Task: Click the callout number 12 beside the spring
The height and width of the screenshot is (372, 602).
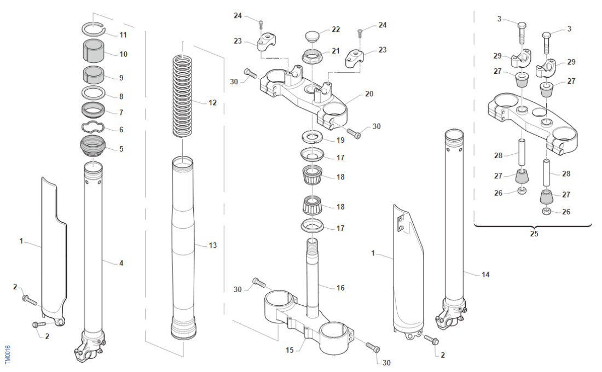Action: click(212, 102)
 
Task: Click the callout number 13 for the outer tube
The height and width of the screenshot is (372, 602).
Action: click(212, 246)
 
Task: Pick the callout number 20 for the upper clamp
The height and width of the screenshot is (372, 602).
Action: click(369, 94)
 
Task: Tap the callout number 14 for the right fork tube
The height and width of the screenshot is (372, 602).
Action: click(485, 274)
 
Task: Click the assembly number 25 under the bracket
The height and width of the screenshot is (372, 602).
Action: click(534, 234)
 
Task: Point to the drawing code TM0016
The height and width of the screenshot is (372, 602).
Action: click(7, 354)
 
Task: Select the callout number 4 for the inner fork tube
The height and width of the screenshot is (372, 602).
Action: click(121, 263)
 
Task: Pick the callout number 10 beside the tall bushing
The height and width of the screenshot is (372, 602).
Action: click(123, 54)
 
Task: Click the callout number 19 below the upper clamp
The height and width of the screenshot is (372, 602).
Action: click(340, 140)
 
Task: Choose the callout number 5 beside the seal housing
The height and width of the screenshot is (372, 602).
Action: click(121, 148)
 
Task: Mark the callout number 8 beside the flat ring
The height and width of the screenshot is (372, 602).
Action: click(121, 96)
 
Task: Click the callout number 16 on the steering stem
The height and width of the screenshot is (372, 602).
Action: click(340, 287)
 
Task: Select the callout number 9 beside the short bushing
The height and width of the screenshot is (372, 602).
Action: click(121, 78)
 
